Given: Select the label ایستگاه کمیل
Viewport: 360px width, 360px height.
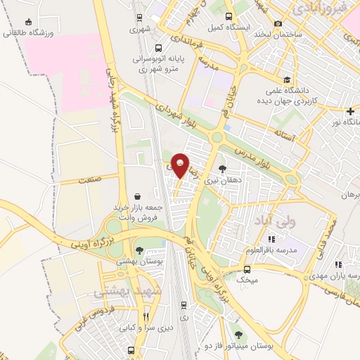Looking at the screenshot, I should point(227,27).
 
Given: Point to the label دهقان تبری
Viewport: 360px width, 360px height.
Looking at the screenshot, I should point(222,181).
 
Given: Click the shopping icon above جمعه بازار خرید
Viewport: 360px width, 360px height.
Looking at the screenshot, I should point(138,196).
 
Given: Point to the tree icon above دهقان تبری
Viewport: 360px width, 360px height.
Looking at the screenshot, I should point(223,169).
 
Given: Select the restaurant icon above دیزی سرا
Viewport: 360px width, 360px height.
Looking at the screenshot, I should point(146,316).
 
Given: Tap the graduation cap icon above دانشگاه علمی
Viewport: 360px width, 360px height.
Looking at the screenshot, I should point(287,79).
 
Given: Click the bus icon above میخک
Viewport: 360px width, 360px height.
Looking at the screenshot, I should point(247,269).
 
